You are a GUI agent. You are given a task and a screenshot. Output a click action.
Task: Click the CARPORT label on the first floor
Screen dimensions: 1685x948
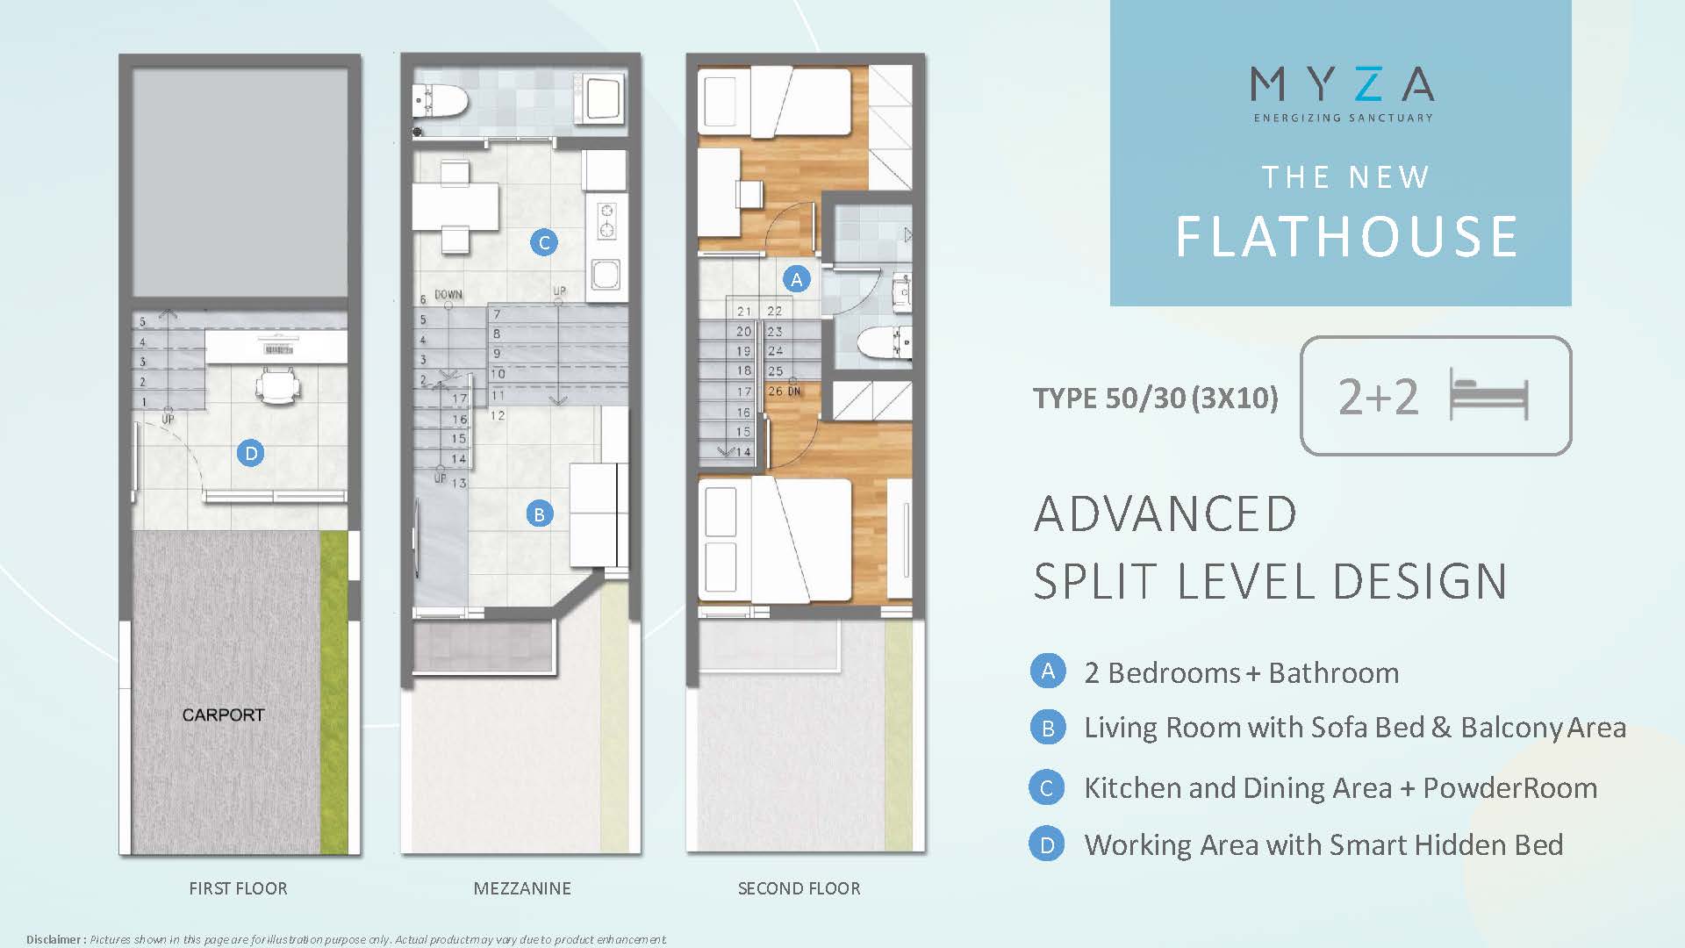(x=223, y=715)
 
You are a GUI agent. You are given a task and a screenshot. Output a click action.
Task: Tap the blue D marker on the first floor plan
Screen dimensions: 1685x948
(x=251, y=453)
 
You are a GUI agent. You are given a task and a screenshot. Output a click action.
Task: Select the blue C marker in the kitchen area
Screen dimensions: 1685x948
(x=544, y=242)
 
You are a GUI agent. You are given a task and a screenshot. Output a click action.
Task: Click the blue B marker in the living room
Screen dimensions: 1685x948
(x=539, y=513)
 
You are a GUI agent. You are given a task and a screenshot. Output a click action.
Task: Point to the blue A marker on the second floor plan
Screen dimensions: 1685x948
(x=796, y=279)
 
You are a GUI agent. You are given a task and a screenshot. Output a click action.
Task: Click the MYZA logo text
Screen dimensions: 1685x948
(x=1343, y=84)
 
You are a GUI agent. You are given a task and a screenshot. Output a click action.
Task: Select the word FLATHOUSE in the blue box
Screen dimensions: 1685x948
(x=1346, y=237)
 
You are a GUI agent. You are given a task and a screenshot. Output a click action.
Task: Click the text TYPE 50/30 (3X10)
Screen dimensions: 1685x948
(x=1156, y=399)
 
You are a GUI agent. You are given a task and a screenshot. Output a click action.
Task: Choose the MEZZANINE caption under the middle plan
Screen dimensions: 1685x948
(x=522, y=888)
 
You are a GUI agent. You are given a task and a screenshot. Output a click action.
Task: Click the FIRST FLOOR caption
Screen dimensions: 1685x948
(x=238, y=888)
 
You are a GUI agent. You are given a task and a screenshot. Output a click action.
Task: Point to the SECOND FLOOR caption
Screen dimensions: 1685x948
(x=799, y=888)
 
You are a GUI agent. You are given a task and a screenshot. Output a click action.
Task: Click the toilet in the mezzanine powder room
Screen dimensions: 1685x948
(x=440, y=100)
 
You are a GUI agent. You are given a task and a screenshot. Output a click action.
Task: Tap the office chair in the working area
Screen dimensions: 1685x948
(x=279, y=386)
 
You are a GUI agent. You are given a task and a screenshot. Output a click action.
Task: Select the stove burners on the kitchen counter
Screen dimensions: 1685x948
(x=606, y=220)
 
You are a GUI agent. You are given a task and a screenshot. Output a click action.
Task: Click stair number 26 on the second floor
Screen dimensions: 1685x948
(x=775, y=391)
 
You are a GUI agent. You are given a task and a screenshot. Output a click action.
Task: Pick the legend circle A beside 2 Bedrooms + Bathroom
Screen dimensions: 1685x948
(x=1048, y=671)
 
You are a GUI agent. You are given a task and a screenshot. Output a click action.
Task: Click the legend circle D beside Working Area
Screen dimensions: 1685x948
(x=1047, y=844)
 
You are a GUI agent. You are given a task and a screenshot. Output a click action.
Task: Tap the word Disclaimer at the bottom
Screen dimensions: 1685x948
(x=54, y=939)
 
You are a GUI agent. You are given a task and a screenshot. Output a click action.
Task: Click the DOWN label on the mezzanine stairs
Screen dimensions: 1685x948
(x=448, y=295)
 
